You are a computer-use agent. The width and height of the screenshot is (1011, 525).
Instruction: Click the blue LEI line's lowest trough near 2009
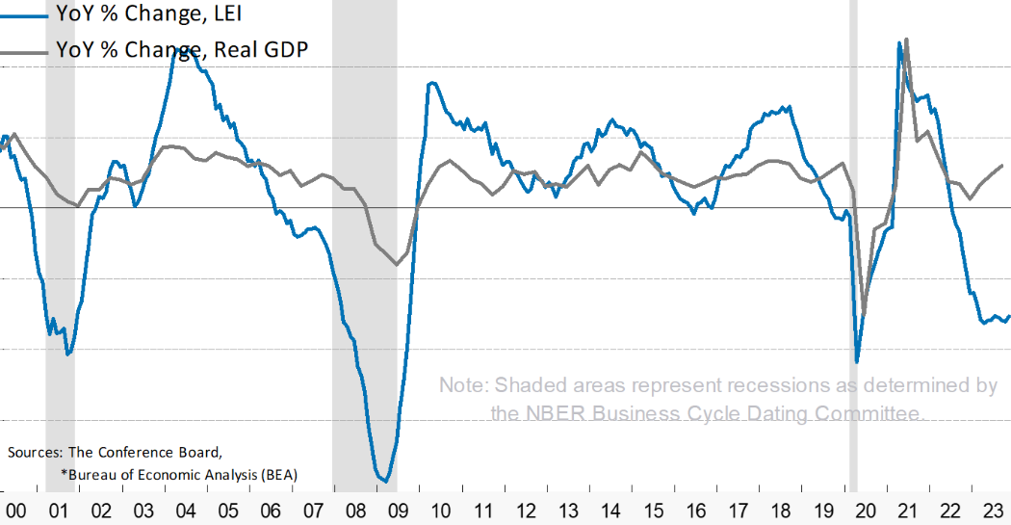384,480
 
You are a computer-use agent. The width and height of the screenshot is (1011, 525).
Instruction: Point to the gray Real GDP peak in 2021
907,39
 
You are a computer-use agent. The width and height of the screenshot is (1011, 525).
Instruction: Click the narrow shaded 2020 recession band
853,241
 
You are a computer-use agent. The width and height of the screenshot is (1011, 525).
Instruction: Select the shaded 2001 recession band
60,241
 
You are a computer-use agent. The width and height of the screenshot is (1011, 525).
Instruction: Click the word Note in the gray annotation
464,385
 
